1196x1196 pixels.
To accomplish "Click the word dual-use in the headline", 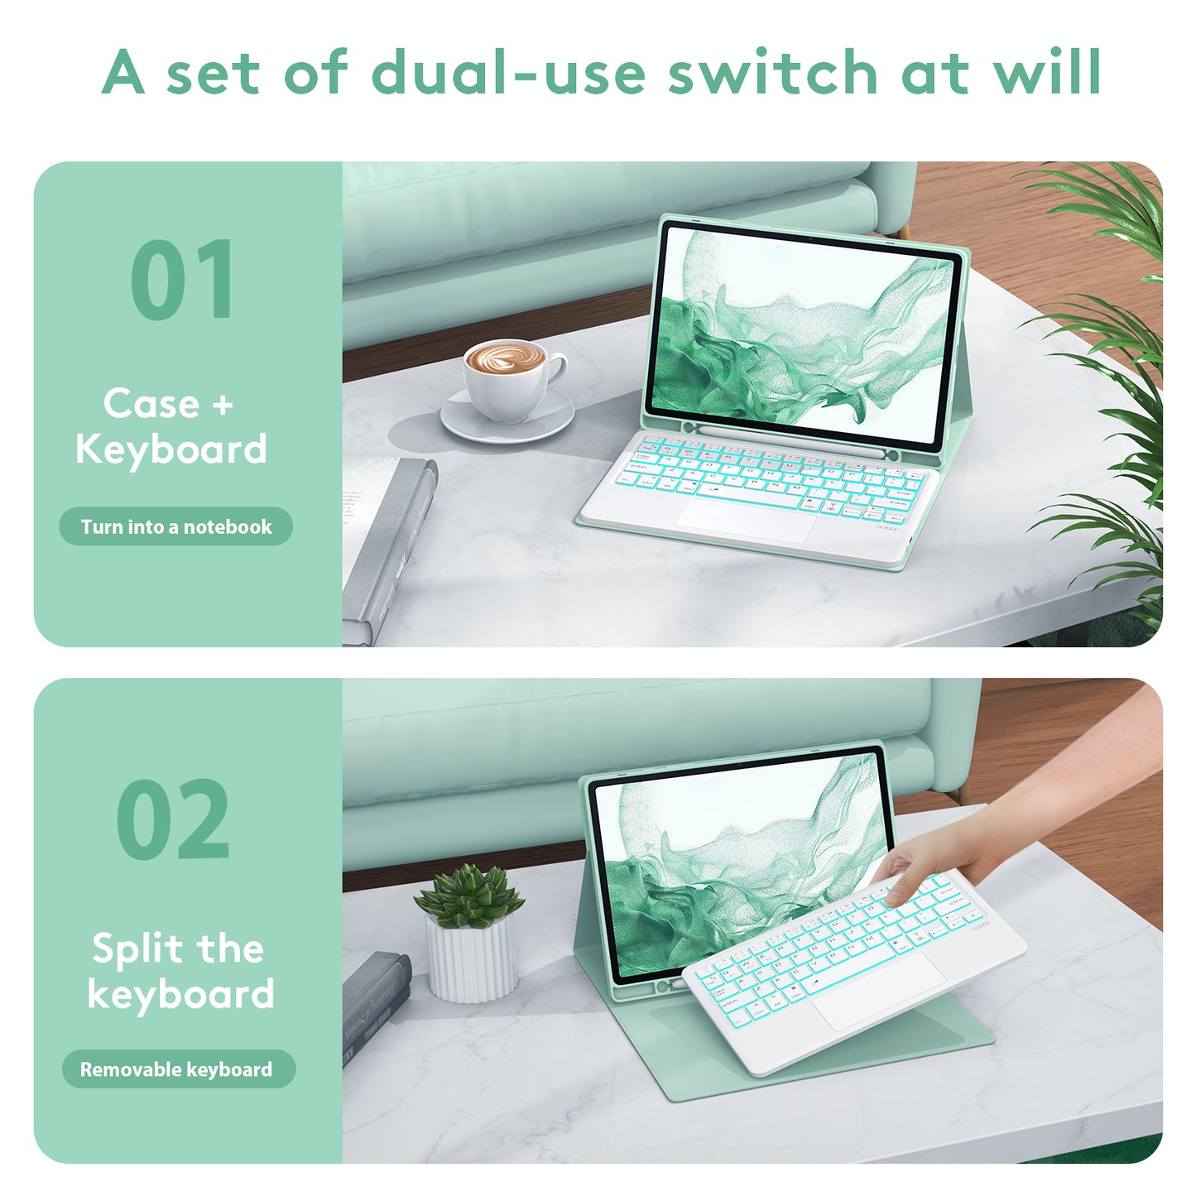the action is [x=508, y=72].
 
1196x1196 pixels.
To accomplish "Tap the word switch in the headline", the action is [x=772, y=72].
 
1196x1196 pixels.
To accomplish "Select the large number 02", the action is [x=172, y=819].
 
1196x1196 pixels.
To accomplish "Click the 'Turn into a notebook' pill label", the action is [x=175, y=526].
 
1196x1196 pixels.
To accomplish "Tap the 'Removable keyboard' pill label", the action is [x=178, y=1069].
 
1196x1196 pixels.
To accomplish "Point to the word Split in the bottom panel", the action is [x=137, y=949].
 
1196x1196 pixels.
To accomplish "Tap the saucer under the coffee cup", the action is [x=507, y=415].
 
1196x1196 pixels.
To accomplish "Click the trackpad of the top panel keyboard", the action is [x=746, y=519].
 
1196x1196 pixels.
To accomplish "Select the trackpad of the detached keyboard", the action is [x=878, y=991].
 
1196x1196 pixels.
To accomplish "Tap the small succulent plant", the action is [x=470, y=896].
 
